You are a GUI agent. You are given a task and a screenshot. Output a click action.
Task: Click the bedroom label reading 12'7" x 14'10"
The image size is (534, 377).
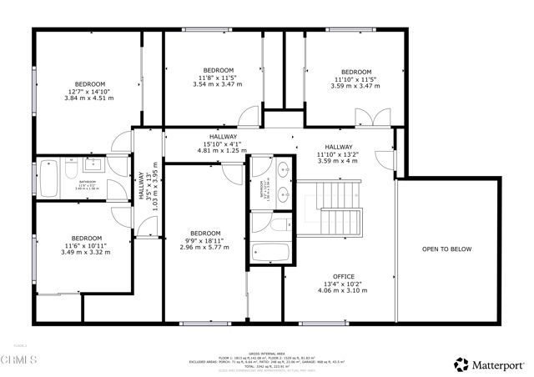coord(89,91)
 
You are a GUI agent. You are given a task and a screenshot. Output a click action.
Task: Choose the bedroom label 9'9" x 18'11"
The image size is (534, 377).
coord(204,240)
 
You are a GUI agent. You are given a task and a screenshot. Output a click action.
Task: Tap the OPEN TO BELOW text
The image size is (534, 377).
coord(446,249)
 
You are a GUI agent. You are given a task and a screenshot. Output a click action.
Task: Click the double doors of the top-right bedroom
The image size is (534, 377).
coord(379,118)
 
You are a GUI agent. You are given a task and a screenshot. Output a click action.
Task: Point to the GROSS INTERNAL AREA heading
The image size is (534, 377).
coord(267,349)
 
